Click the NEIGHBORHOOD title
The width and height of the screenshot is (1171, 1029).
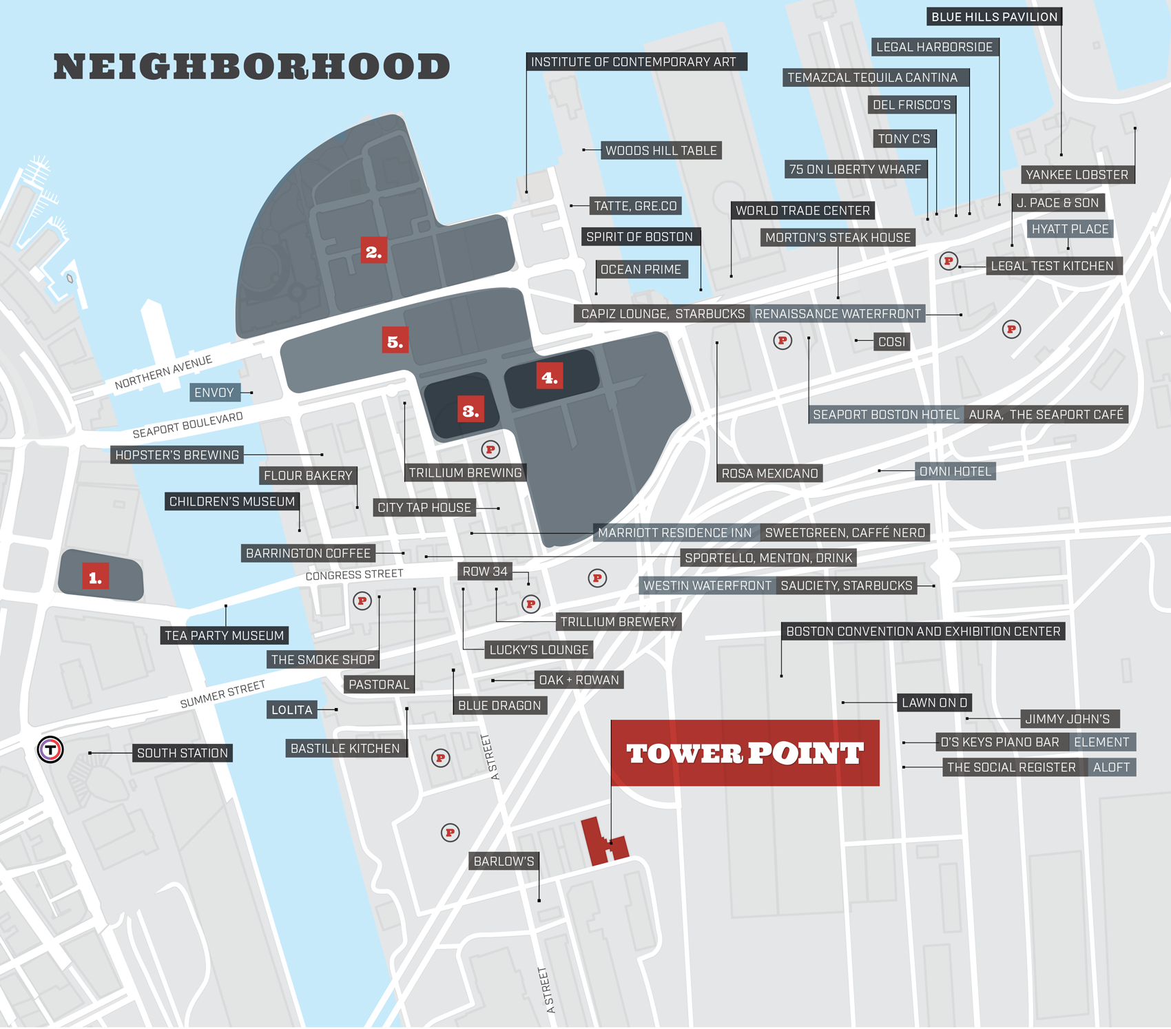coord(251,67)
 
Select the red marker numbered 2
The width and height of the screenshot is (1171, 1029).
coord(373,251)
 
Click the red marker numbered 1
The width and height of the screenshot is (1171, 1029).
coord(95,577)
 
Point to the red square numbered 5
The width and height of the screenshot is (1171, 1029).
coord(395,341)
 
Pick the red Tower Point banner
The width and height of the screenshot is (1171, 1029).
coord(745,753)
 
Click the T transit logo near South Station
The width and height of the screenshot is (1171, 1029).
coord(50,749)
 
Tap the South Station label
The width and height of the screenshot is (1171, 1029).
coord(183,753)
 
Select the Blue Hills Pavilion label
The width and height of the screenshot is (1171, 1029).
coord(994,17)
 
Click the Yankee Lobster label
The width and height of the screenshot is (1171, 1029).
coord(1077,175)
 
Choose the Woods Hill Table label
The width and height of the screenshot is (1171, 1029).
coord(661,150)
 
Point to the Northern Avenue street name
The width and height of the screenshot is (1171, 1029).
coord(163,372)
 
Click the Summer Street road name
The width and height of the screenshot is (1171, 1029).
coord(222,694)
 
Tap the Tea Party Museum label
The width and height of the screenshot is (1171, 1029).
coord(224,635)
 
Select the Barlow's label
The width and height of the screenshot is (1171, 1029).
coord(504,861)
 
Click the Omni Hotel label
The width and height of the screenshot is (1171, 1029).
coord(955,471)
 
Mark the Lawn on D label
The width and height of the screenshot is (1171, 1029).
coord(935,703)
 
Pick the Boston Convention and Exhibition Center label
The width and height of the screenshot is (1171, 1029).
coord(923,632)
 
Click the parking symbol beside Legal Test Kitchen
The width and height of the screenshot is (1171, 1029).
coord(949,261)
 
